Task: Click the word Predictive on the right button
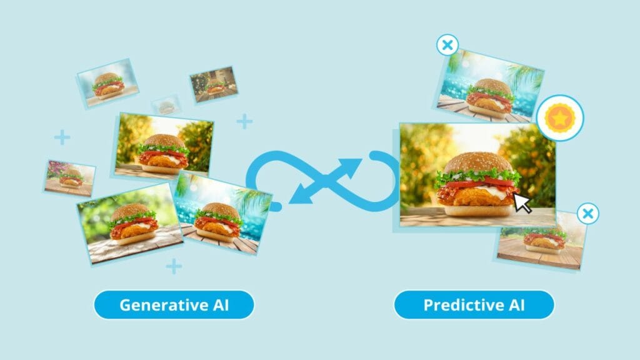tap(459, 305)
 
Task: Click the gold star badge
tap(560, 118)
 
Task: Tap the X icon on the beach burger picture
tap(447, 45)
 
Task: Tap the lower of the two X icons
tap(587, 214)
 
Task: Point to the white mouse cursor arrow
tap(522, 203)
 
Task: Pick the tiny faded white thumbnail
tap(166, 106)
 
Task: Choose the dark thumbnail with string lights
tap(214, 84)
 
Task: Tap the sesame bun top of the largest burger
tap(478, 162)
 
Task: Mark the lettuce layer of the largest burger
tap(477, 177)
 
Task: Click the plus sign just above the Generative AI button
tap(174, 266)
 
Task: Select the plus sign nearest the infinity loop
tap(244, 121)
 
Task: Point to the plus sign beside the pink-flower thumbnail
tap(62, 137)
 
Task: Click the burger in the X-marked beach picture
tap(489, 99)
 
